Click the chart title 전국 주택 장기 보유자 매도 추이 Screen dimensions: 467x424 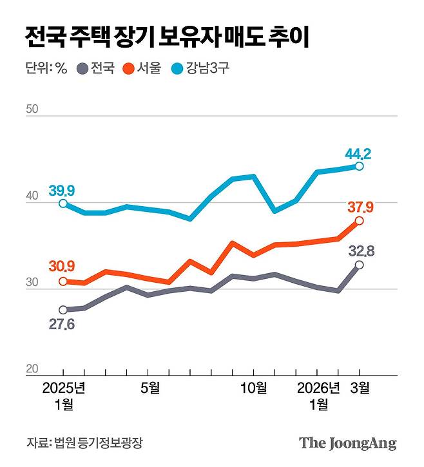(167, 37)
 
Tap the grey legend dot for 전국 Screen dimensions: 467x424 (82, 68)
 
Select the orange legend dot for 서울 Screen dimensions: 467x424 (128, 68)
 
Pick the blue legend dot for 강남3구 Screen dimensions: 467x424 (176, 68)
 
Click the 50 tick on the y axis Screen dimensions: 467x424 (33, 109)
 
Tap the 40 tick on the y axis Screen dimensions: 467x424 (33, 200)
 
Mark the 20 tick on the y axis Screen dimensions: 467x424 (33, 368)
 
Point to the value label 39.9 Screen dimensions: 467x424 (62, 190)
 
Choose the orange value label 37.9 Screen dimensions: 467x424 (360, 207)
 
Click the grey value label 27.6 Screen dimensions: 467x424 (62, 324)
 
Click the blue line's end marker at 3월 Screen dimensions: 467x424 (359, 166)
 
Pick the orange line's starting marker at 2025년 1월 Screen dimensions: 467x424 (63, 281)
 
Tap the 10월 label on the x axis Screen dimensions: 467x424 (254, 388)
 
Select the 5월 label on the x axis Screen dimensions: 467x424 (149, 388)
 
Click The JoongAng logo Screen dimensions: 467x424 (347, 443)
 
